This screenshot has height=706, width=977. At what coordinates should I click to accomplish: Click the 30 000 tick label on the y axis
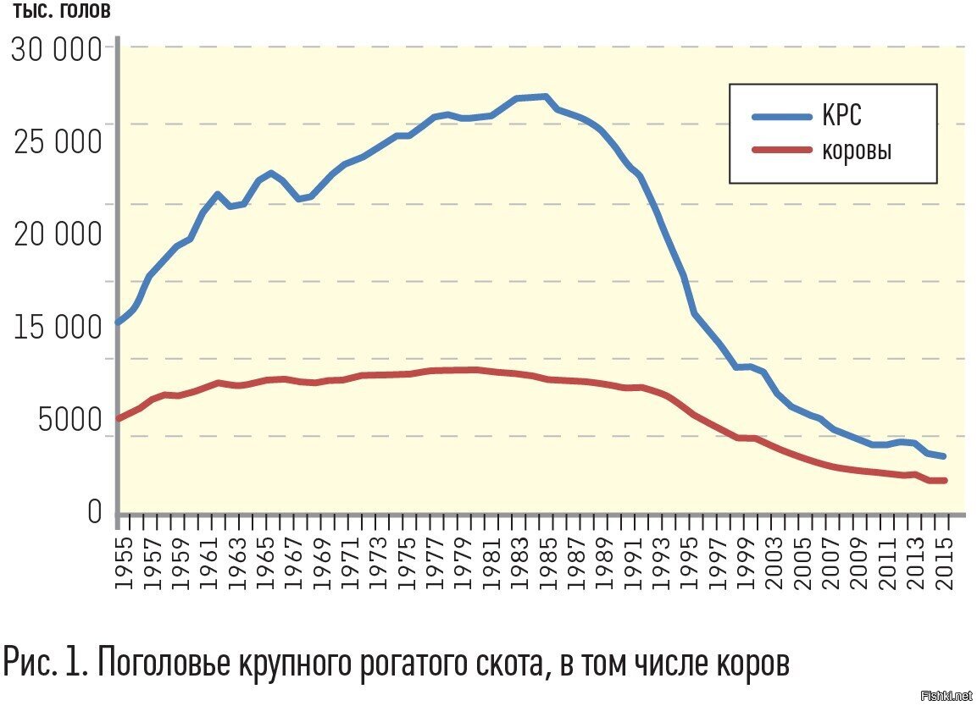coord(56,52)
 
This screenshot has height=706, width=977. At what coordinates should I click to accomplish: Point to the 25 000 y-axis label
coord(56,142)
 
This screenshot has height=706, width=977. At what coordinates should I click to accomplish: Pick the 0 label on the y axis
coord(93,512)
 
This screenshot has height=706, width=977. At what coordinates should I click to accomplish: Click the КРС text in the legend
coord(841,116)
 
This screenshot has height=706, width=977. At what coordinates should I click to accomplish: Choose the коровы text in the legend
coord(856,152)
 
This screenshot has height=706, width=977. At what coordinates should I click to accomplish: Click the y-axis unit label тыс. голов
coord(61,12)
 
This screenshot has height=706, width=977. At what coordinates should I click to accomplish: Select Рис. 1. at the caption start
coord(45,661)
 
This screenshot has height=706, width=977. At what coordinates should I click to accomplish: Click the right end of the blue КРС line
coord(943,456)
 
